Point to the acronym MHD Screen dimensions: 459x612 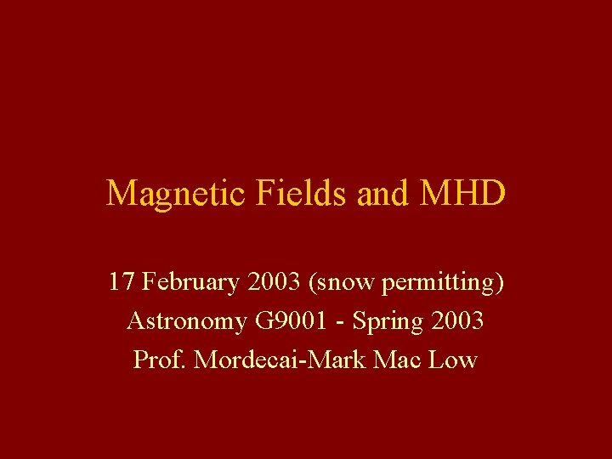click(x=462, y=194)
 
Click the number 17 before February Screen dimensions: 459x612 click(x=121, y=281)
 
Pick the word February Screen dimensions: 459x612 click(x=191, y=282)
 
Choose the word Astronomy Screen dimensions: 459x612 click(x=186, y=321)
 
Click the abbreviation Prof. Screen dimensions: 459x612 click(x=160, y=360)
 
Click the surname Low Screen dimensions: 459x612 click(x=452, y=360)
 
